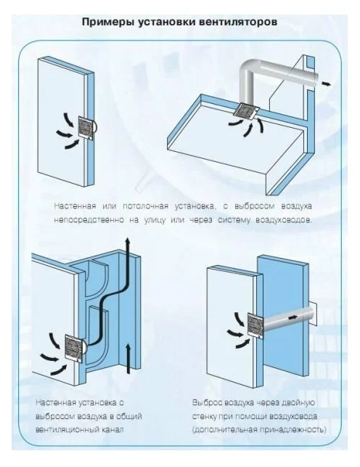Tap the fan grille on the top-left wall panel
(x=87, y=128)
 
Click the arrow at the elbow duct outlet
(x=326, y=84)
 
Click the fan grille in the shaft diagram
(x=74, y=348)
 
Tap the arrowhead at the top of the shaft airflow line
(x=127, y=241)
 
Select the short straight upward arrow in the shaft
(x=128, y=358)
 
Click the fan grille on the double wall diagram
(x=255, y=325)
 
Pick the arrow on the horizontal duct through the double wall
(x=292, y=317)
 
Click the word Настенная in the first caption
(x=75, y=206)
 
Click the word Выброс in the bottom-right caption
(x=207, y=402)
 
